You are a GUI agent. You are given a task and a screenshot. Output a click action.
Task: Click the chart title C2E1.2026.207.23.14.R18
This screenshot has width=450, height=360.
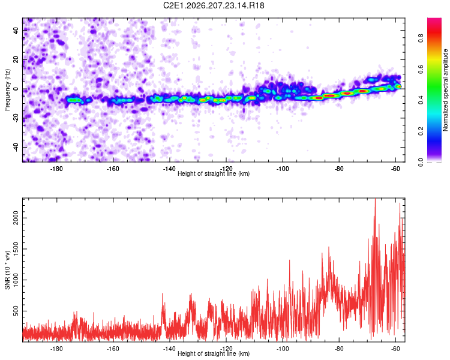(x=214, y=5)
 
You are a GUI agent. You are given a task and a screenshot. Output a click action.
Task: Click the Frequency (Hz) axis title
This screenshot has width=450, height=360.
(x=7, y=89)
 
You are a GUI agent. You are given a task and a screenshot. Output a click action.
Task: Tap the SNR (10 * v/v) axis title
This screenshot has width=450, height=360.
(x=7, y=270)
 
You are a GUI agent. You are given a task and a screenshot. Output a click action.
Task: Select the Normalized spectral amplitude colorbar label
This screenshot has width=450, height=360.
(x=445, y=90)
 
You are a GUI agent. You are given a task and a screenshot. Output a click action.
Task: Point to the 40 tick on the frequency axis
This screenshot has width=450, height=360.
(x=16, y=30)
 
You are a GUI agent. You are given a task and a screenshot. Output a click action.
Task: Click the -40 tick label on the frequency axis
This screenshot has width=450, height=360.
(x=16, y=147)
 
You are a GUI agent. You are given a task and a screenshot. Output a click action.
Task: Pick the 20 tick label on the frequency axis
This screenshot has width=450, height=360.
(x=16, y=59)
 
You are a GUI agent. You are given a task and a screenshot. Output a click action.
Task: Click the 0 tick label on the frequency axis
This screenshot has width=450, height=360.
(x=16, y=89)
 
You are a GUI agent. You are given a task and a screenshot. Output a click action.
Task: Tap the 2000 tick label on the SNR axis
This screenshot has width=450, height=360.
(x=16, y=218)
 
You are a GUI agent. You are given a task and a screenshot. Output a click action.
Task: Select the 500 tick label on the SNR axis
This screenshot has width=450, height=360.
(x=16, y=311)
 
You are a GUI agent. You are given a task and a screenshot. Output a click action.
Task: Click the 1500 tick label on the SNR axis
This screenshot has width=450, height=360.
(x=16, y=249)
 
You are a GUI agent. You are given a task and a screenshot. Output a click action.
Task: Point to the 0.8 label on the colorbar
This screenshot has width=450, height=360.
(x=421, y=38)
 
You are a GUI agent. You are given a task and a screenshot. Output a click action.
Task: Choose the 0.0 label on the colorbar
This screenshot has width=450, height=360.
(x=421, y=162)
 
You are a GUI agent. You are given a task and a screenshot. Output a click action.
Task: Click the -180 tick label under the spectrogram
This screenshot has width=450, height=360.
(x=56, y=169)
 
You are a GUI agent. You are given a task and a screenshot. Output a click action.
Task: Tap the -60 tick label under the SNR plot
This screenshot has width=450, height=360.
(x=395, y=349)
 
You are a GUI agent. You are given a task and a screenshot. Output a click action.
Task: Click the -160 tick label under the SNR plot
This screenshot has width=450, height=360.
(x=113, y=349)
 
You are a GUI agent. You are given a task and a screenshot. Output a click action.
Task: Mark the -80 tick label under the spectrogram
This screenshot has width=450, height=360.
(x=339, y=169)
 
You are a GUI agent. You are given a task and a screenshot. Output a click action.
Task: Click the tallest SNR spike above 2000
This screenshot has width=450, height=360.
(x=375, y=199)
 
